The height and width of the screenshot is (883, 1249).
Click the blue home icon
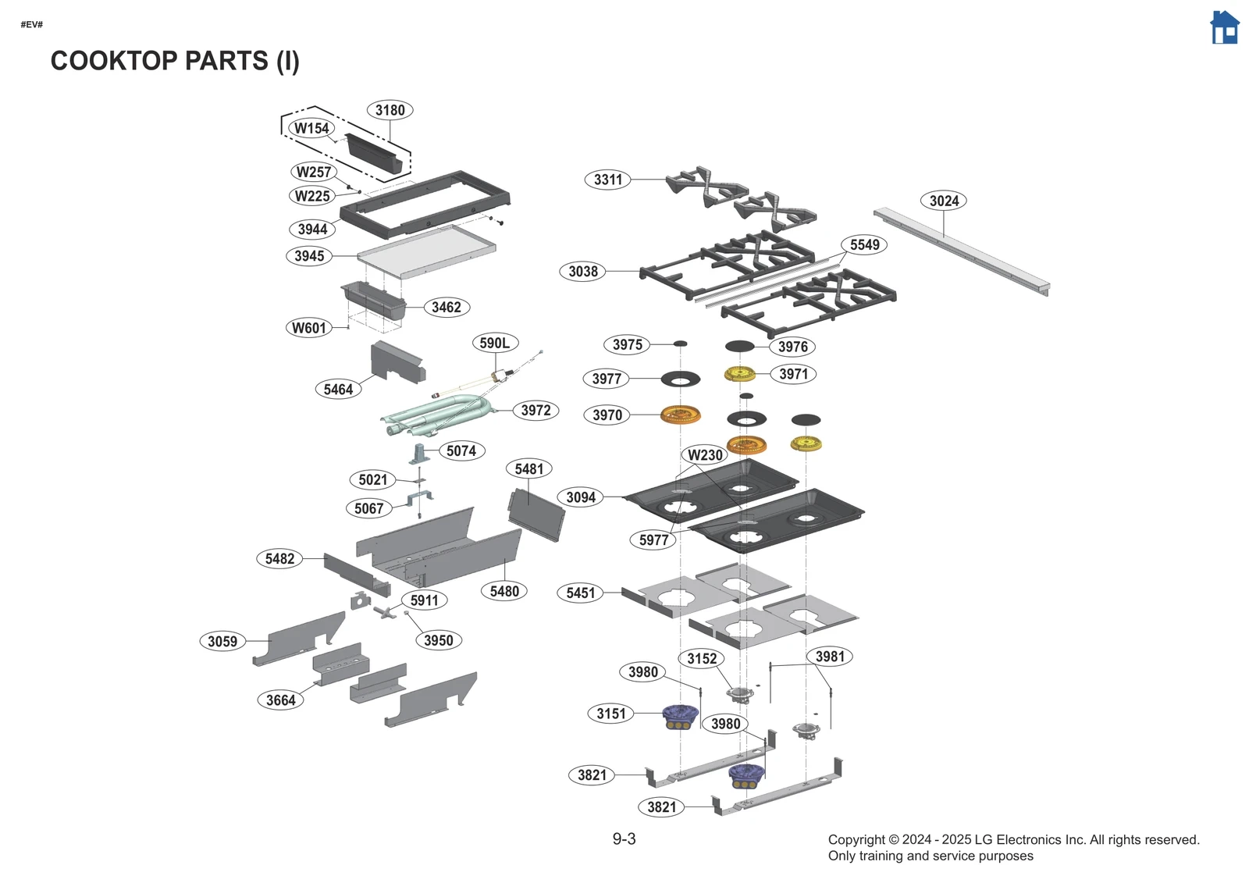[x=1224, y=28]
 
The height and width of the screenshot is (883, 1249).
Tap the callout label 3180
[x=390, y=110]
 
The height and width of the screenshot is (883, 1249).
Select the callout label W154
[x=311, y=128]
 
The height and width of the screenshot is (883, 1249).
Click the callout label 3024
[x=944, y=201]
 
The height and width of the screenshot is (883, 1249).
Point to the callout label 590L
[x=495, y=343]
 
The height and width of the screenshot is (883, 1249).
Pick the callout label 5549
[x=864, y=244]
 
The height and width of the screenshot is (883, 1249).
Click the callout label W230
[x=705, y=455]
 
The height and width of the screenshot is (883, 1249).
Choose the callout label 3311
[x=608, y=180]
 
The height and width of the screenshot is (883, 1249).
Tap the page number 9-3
[x=624, y=839]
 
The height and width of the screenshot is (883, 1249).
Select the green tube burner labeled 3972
[x=437, y=415]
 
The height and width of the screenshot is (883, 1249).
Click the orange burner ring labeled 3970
[x=680, y=415]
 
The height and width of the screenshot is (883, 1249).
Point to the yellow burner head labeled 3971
[x=739, y=374]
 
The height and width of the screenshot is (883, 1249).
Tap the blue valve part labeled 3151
[x=679, y=715]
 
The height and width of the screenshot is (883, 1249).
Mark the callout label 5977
[x=653, y=539]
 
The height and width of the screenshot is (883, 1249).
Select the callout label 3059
[x=222, y=641]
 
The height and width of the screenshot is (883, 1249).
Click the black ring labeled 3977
[x=680, y=379]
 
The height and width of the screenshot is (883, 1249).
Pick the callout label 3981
[x=830, y=657]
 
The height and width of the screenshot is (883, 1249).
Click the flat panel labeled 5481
[x=536, y=514]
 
